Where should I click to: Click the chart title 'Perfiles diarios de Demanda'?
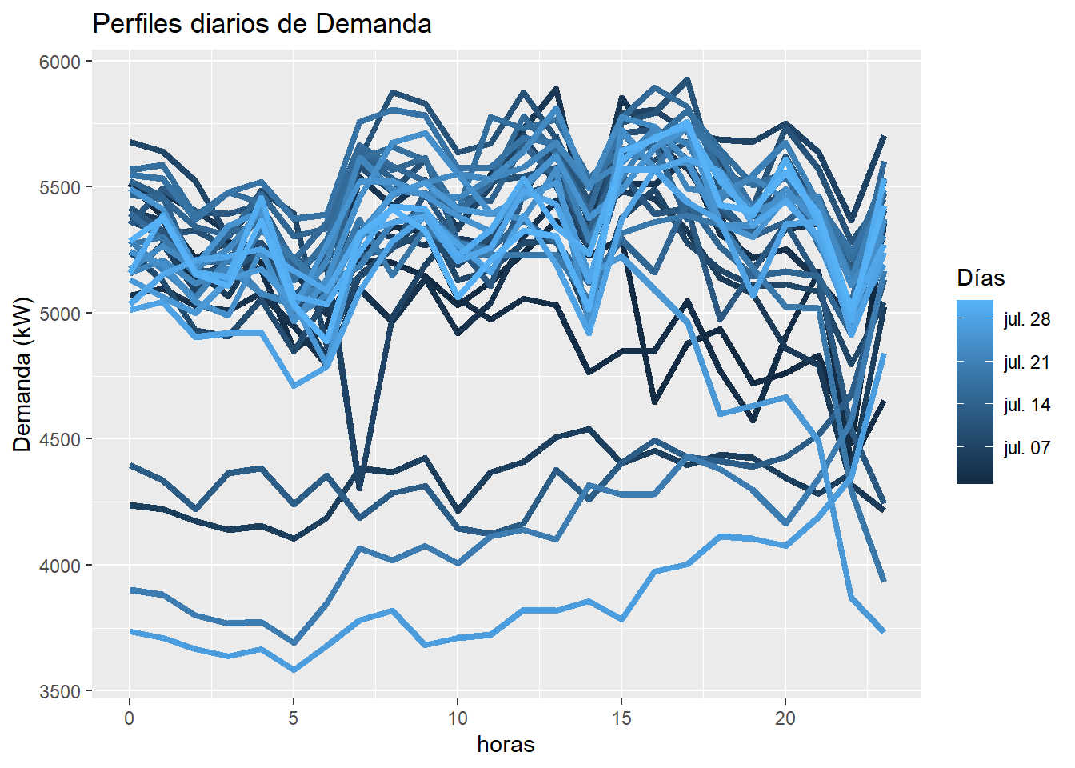pos(262,24)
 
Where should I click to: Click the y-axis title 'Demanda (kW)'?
pos(22,374)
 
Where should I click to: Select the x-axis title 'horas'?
pos(506,744)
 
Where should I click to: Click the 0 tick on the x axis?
pos(130,718)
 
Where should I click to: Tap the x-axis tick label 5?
pos(294,718)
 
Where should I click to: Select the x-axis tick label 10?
pos(458,718)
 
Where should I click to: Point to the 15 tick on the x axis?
pos(621,718)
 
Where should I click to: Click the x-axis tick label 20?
pos(785,718)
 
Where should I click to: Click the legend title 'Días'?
pos(981,278)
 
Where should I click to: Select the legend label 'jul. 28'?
pos(1027,320)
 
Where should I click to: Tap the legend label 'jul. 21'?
pos(1027,362)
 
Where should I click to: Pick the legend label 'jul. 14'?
pos(1027,405)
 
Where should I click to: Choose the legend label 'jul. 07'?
pos(1027,448)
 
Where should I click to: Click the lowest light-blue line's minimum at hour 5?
pos(294,670)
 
